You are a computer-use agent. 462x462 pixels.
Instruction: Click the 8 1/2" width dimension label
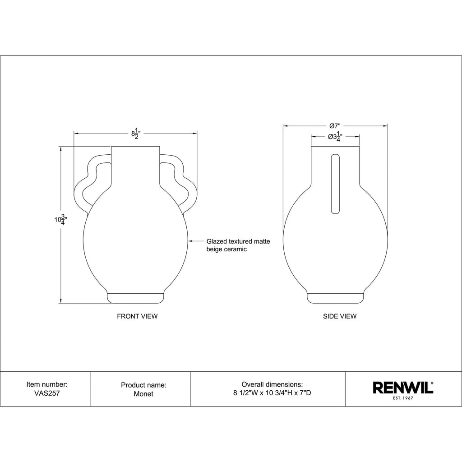click(x=135, y=134)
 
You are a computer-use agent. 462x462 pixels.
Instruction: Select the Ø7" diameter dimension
click(x=335, y=126)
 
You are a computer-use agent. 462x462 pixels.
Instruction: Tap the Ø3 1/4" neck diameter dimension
click(x=335, y=137)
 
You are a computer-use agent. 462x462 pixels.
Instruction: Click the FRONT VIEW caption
click(x=137, y=316)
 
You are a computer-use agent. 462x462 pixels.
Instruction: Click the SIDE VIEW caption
click(x=340, y=316)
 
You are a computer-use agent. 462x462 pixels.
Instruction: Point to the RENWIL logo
click(x=403, y=388)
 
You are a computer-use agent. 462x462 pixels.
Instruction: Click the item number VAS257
click(x=47, y=393)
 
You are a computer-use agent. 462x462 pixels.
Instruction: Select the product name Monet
click(x=143, y=393)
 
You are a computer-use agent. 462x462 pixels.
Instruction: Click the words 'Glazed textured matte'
click(x=238, y=241)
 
